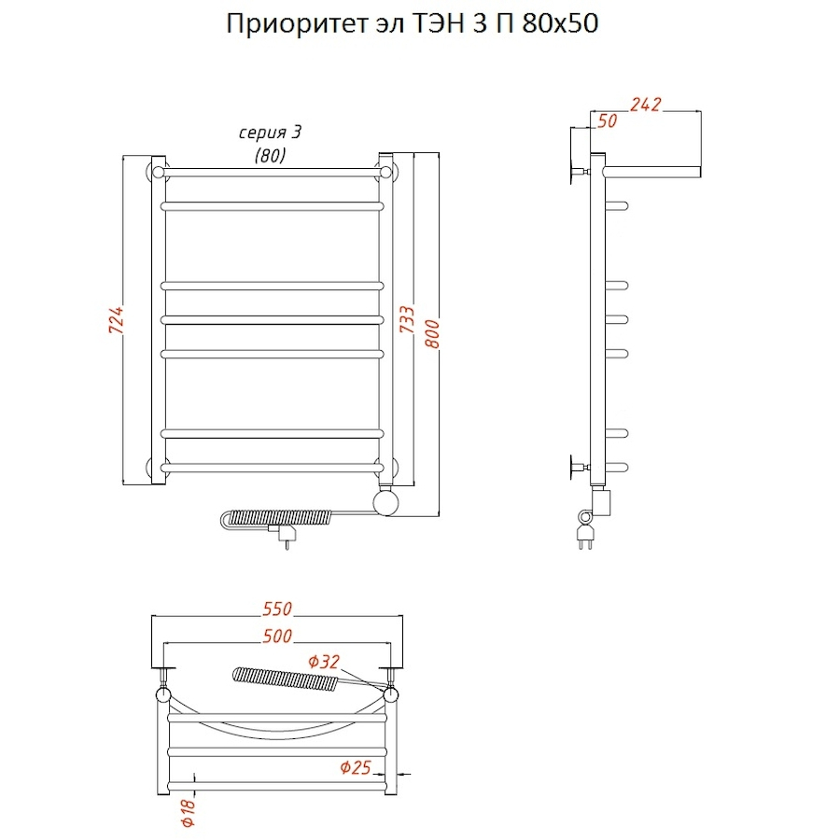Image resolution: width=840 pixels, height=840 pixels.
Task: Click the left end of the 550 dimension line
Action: [152, 616]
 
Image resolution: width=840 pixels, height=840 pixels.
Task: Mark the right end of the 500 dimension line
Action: [390, 643]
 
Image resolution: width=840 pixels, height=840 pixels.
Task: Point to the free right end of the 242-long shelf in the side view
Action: [700, 172]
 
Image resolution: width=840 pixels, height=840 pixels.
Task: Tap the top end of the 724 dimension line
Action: [123, 156]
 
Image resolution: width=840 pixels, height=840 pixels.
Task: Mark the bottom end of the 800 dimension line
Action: [439, 516]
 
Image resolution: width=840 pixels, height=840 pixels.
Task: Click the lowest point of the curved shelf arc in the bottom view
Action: [277, 738]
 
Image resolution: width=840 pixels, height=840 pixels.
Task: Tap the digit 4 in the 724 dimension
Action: [117, 311]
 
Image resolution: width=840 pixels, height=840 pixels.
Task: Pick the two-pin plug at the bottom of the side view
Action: [584, 535]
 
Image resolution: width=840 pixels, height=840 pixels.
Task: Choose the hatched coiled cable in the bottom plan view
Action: [286, 679]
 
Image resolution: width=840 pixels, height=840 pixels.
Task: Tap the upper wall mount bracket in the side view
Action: [580, 172]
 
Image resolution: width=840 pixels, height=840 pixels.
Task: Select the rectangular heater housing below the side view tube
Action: [601, 501]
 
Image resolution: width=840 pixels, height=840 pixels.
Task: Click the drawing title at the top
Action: [412, 24]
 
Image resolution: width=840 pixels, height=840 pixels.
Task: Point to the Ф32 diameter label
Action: [324, 662]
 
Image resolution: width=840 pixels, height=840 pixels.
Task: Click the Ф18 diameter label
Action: [189, 813]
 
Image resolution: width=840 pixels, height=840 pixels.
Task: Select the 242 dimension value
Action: [646, 105]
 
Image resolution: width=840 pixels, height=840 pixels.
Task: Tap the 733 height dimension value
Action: [407, 319]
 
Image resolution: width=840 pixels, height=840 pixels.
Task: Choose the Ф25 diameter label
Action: [356, 768]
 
